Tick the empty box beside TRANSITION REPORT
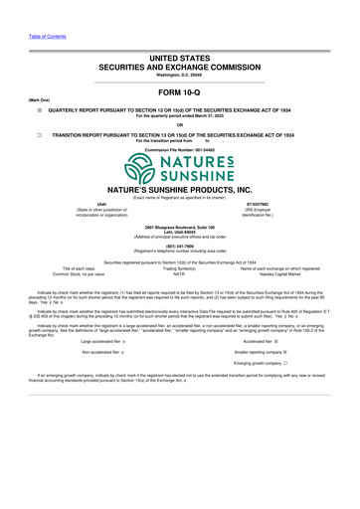tap(38, 134)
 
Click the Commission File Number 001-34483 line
tap(179, 149)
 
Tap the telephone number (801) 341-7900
tap(179, 246)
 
